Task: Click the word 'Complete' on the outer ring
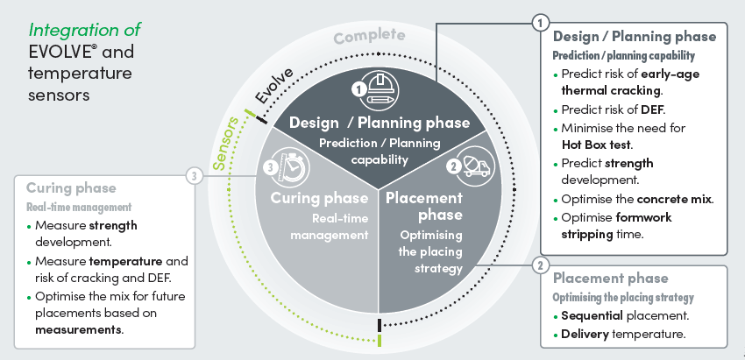[369, 36]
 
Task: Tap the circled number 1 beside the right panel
[541, 20]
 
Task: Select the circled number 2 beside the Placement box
[541, 265]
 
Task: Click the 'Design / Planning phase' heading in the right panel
[634, 37]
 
